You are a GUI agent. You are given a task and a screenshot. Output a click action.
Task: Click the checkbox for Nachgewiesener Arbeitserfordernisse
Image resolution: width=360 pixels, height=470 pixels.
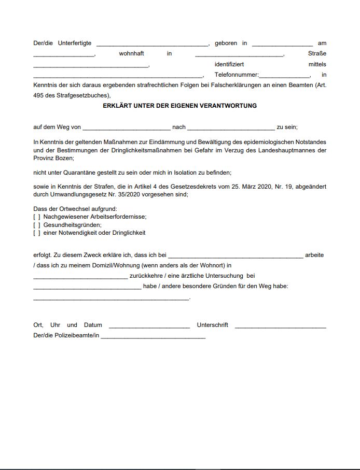(x=37, y=217)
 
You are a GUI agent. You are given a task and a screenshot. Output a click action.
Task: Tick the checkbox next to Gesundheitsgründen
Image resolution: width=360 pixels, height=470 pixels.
(x=37, y=225)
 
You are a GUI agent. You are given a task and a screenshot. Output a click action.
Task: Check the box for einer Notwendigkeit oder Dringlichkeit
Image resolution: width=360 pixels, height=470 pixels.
(x=37, y=233)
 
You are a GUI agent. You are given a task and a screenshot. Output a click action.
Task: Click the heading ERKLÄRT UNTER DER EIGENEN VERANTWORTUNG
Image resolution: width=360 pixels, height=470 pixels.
(x=179, y=106)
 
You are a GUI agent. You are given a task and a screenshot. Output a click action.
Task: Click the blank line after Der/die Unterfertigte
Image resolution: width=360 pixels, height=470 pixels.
(x=152, y=44)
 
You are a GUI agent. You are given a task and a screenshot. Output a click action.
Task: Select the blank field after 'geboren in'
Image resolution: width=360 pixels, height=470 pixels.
(x=282, y=44)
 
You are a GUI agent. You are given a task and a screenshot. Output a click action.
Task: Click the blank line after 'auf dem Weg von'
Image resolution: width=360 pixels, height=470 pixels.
(x=126, y=128)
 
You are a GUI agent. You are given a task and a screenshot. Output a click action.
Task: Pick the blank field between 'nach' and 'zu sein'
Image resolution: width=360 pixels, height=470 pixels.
(x=231, y=128)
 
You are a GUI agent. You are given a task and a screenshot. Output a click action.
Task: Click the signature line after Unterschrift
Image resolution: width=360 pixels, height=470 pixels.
(x=280, y=326)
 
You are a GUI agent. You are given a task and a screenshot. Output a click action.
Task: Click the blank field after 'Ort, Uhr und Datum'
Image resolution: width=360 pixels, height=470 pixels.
(x=149, y=326)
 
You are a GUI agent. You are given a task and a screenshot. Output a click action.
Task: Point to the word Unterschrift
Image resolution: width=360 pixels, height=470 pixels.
(x=212, y=325)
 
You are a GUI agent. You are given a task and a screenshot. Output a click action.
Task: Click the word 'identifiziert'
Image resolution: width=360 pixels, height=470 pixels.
(x=229, y=64)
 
